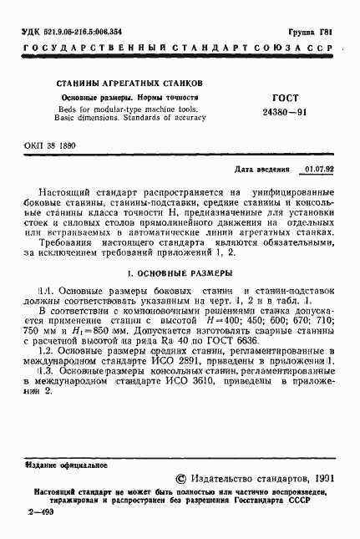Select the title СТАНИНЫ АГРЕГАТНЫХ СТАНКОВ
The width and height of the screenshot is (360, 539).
coord(128,84)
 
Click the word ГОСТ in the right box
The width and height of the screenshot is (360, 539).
coord(286,98)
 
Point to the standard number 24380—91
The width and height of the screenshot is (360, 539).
coord(286,112)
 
